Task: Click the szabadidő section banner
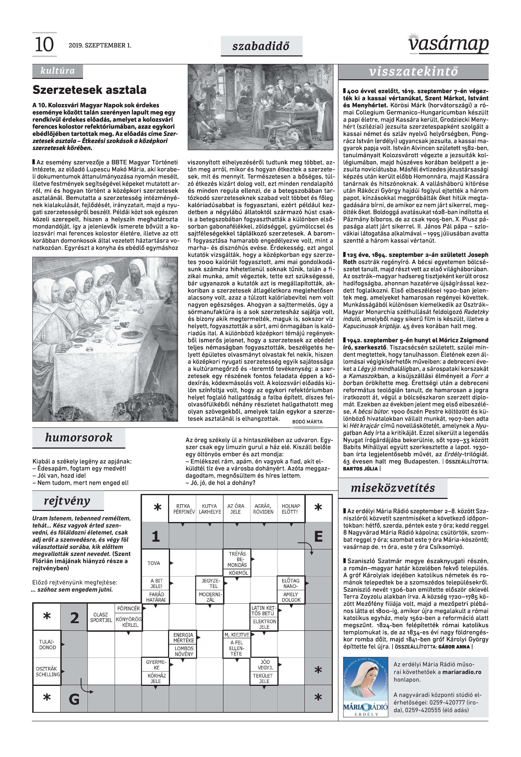pos(261,46)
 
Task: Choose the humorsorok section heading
pos(79,437)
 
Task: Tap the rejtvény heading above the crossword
pos(67,500)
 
